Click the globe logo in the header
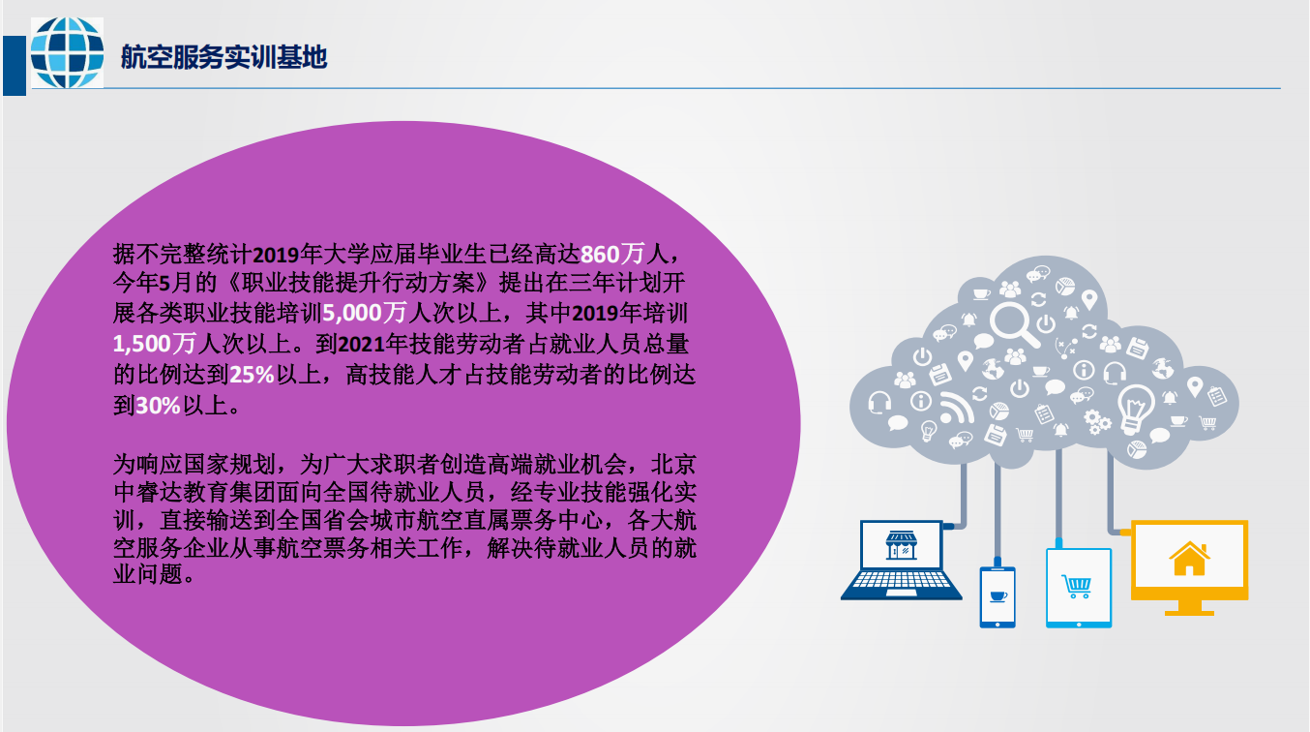point(68,52)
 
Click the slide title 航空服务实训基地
point(224,57)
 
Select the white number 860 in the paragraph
point(600,255)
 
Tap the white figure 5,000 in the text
point(352,313)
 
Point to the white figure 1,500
point(142,344)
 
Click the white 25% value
point(252,375)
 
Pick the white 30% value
point(158,405)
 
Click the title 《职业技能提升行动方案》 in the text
point(357,283)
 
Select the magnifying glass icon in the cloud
point(1014,323)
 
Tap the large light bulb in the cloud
point(1135,409)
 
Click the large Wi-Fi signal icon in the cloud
point(956,408)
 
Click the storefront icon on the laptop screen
point(901,545)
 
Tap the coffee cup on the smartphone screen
point(997,596)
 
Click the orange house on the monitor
point(1189,559)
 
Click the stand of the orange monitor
point(1189,607)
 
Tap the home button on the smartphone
point(997,625)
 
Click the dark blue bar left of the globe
point(15,66)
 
